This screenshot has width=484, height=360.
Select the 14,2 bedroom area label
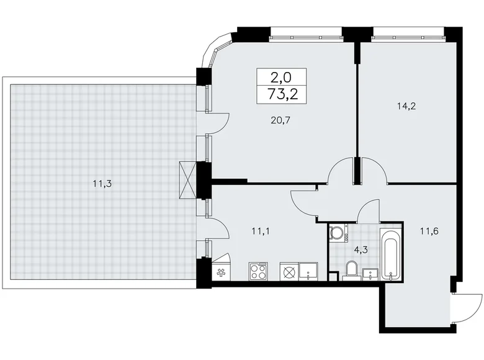pos(406,106)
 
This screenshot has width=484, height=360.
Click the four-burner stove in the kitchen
pos(258,271)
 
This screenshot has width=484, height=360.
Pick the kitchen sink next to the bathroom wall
pos(309,271)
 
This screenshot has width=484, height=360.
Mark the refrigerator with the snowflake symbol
pos(221,271)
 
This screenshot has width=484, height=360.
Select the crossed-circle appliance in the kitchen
pos(289,271)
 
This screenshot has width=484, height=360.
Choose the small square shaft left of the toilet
pos(333,276)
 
